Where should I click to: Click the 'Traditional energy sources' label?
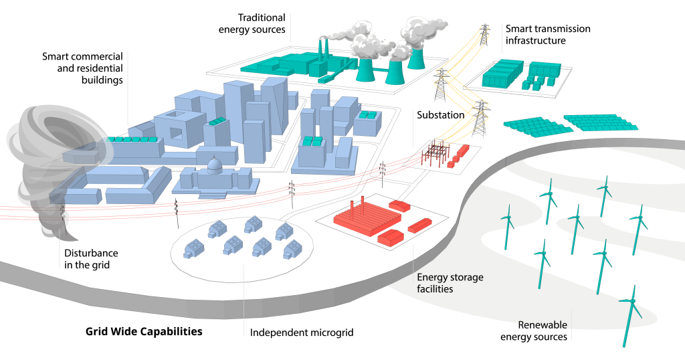(x=252, y=23)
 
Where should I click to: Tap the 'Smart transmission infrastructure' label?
(x=548, y=35)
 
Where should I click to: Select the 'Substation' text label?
(x=440, y=115)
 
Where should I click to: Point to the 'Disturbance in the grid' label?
(x=91, y=259)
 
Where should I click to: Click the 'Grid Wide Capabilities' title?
(x=144, y=331)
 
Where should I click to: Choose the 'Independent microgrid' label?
(x=302, y=333)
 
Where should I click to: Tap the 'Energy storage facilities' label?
(x=450, y=282)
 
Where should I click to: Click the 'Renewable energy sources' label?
(x=534, y=331)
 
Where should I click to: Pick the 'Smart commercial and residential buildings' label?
(x=82, y=68)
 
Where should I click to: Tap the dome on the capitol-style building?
(x=215, y=165)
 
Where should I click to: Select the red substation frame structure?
(x=433, y=153)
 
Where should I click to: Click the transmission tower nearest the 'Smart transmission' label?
(x=484, y=35)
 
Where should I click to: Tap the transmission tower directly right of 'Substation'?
(x=480, y=118)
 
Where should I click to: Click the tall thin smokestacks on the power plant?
(x=322, y=50)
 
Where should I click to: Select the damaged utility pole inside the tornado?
(x=63, y=214)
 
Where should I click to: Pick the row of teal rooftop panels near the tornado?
(x=132, y=139)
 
